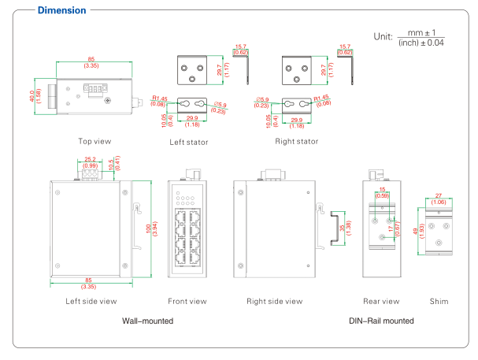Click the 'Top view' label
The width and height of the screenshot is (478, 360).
click(94, 142)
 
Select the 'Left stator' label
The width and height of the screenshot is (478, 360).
click(188, 143)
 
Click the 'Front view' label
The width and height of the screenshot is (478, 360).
click(187, 301)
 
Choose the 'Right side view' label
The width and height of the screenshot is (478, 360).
click(274, 301)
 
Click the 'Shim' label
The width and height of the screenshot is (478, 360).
click(439, 301)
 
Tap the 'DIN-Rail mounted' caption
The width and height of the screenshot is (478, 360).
click(380, 321)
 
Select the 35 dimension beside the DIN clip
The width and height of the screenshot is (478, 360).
click(342, 228)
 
